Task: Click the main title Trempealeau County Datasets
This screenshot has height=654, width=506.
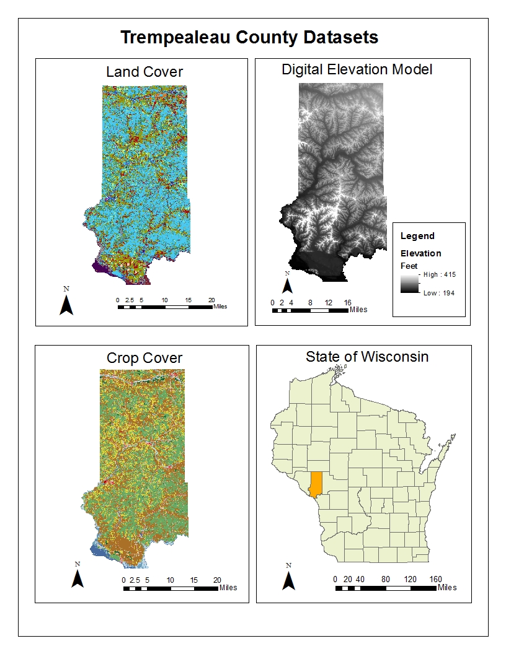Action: pyautogui.click(x=249, y=38)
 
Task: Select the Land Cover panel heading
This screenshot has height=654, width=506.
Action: pyautogui.click(x=144, y=72)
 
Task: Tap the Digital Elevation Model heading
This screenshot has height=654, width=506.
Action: pyautogui.click(x=357, y=69)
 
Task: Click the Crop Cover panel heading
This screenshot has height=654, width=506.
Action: pyautogui.click(x=144, y=358)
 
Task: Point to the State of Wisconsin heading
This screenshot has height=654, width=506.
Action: pyautogui.click(x=366, y=357)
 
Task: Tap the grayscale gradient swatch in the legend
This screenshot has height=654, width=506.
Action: pyautogui.click(x=409, y=284)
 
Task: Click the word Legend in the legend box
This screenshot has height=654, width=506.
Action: pyautogui.click(x=417, y=236)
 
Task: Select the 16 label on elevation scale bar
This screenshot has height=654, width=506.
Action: pyautogui.click(x=347, y=302)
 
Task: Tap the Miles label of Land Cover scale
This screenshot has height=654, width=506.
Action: pyautogui.click(x=220, y=307)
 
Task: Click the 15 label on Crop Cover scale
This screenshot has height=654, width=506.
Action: pyautogui.click(x=194, y=580)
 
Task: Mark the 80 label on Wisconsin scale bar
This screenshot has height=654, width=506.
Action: pyautogui.click(x=385, y=579)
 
